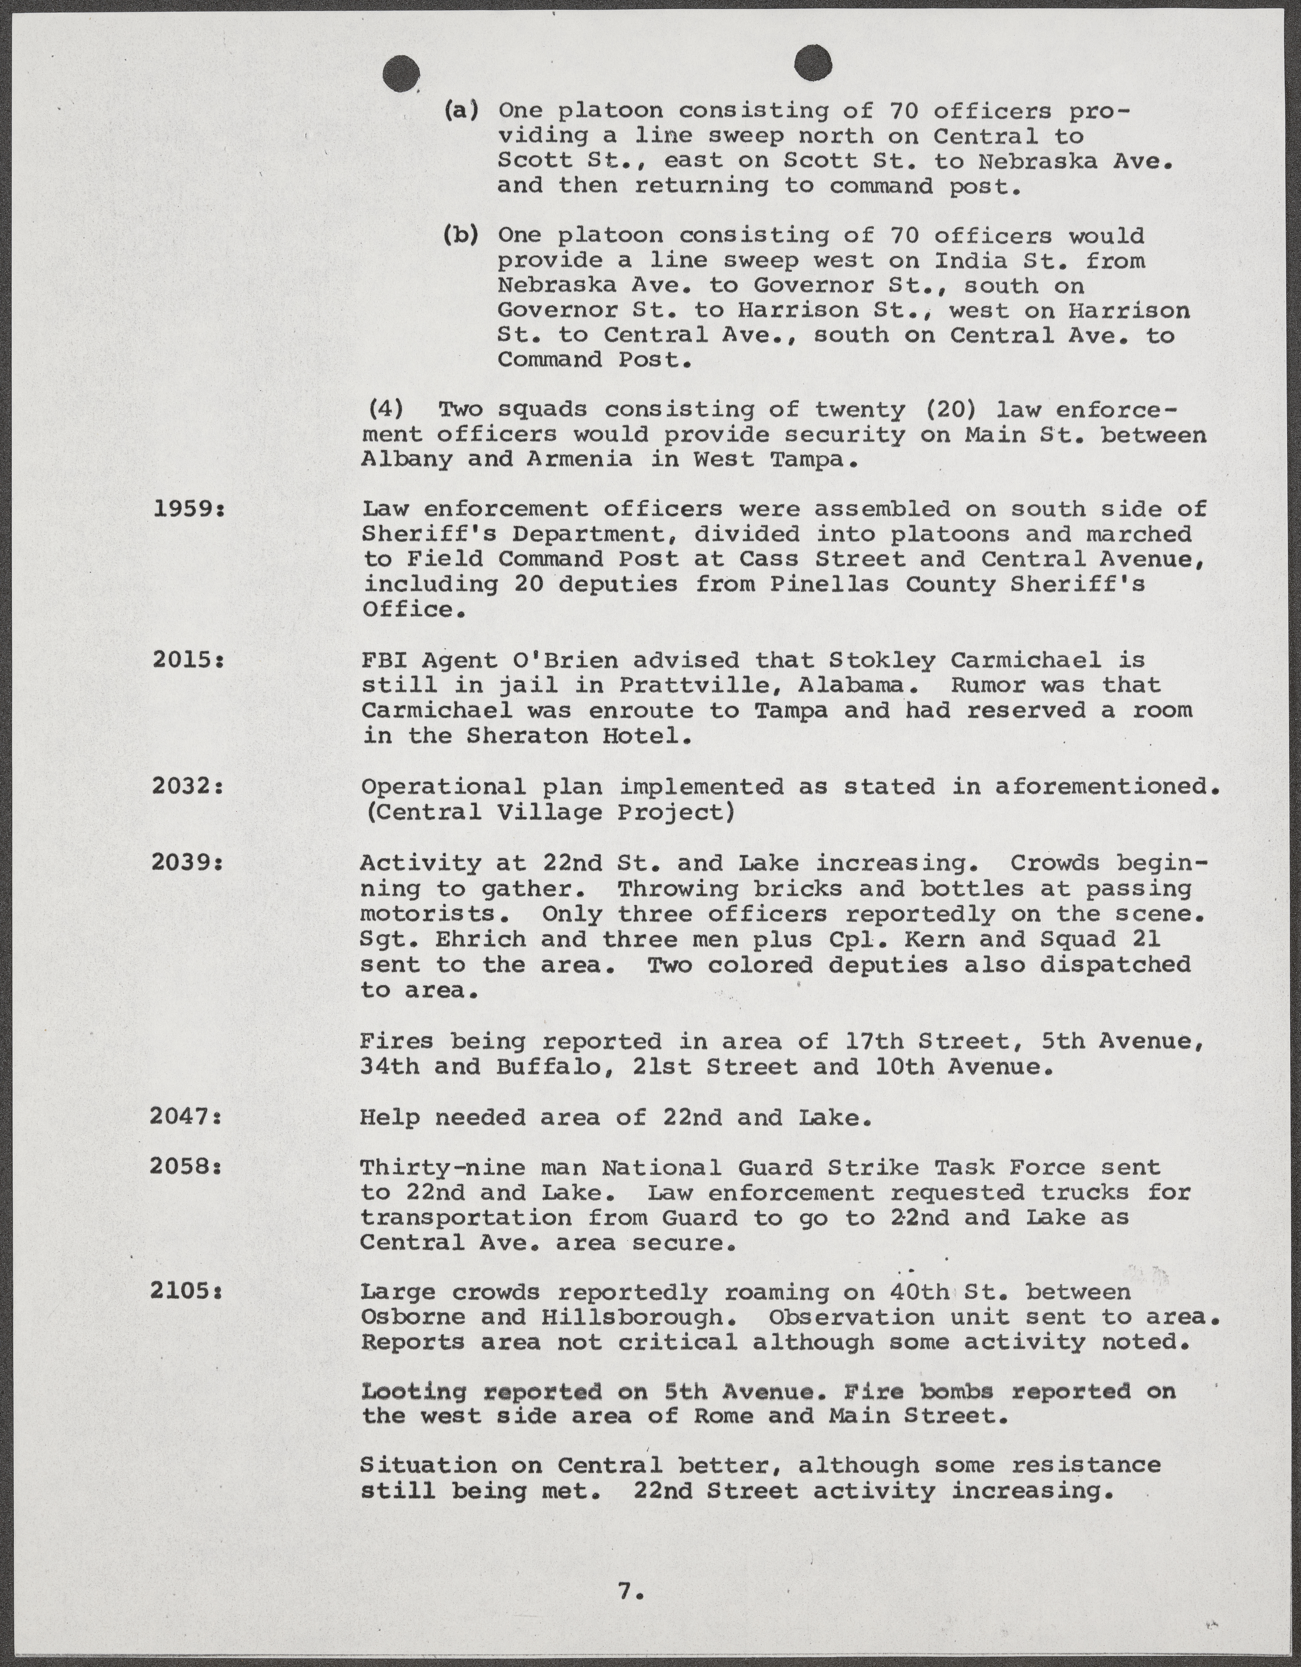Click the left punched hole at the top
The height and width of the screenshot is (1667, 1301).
click(401, 74)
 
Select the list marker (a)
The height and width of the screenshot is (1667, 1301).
click(461, 111)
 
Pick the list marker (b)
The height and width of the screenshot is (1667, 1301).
click(461, 236)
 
